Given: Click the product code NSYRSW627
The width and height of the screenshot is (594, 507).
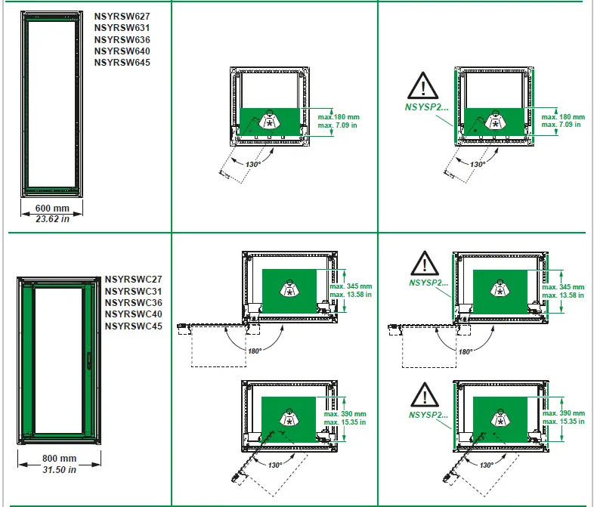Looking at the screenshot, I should (x=122, y=16).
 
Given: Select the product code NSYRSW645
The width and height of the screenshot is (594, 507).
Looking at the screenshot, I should (x=122, y=63).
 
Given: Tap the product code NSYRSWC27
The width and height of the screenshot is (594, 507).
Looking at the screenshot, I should (x=134, y=279).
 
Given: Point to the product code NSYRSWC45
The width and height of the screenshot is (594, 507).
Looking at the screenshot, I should (x=134, y=326).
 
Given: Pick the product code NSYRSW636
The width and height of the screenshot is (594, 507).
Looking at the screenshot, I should (x=122, y=39).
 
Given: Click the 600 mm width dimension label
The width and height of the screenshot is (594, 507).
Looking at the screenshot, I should (x=52, y=209).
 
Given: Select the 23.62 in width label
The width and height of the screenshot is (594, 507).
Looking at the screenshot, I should (x=52, y=219).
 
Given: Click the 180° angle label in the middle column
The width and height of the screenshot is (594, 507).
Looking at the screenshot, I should (x=255, y=351).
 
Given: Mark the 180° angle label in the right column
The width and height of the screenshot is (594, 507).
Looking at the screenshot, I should (x=466, y=351).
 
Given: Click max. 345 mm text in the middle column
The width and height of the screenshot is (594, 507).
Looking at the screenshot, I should (x=351, y=286).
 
